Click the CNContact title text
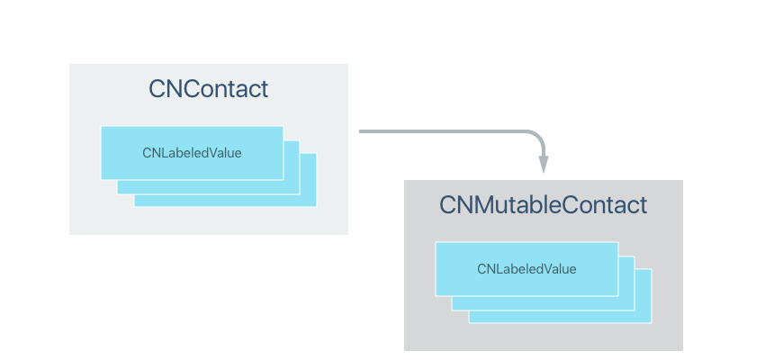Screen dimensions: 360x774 [x=208, y=89]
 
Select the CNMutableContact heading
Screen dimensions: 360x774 [x=543, y=205]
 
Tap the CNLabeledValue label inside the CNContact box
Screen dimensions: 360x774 [x=192, y=153]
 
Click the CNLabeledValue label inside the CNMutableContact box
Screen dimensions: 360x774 [x=526, y=269]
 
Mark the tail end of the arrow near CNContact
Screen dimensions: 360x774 [x=362, y=131]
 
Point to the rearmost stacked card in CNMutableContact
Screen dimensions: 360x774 [x=643, y=316]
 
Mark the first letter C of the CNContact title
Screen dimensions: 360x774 [x=157, y=89]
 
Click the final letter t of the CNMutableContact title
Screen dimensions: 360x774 [x=643, y=205]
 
